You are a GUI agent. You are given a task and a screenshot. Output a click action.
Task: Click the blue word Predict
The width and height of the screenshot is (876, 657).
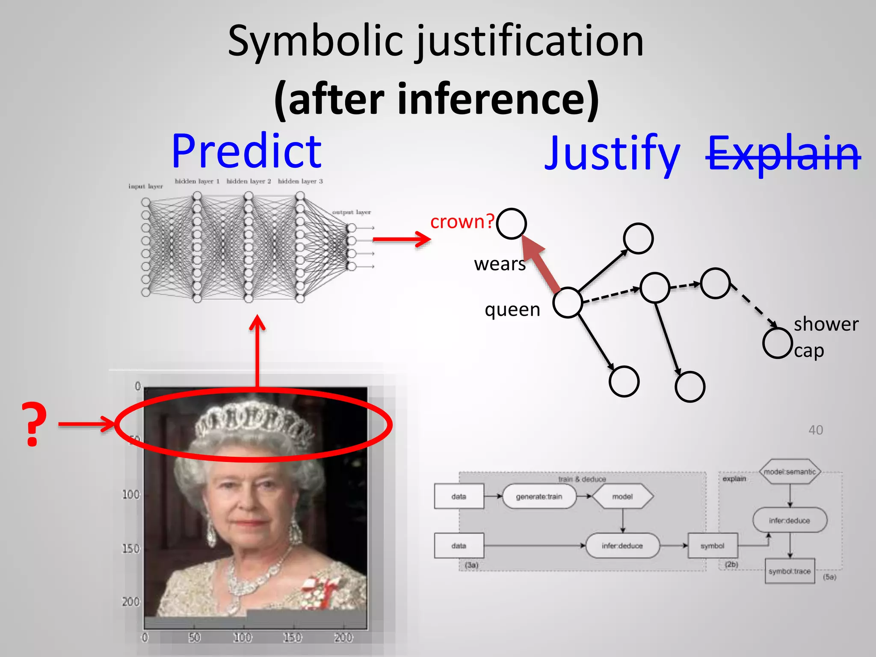point(247,152)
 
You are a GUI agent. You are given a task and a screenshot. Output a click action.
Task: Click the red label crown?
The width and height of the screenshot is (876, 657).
point(462,222)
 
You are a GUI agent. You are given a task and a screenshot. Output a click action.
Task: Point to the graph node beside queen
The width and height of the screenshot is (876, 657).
point(568,302)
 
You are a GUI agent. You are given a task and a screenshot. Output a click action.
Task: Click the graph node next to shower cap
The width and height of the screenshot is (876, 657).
point(777,343)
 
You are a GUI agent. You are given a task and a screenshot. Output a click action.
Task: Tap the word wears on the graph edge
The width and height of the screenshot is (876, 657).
point(500,264)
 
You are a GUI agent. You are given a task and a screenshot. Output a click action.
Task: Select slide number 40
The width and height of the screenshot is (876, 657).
point(815,430)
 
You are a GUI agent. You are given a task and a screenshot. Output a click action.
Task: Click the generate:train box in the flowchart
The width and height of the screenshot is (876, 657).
point(539,497)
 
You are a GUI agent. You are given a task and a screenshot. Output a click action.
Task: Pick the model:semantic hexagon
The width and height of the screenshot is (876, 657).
point(790,472)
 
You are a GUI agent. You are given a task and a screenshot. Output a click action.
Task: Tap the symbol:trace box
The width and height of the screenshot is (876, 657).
point(790,571)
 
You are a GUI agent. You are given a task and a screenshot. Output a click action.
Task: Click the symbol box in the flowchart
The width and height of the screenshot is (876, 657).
point(712,546)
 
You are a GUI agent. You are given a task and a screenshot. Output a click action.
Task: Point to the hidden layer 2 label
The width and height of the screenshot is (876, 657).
point(249,181)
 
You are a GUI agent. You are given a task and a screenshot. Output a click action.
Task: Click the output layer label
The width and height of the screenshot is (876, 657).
point(352,212)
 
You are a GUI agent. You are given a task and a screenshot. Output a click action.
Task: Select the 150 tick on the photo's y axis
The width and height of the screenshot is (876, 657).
point(131,549)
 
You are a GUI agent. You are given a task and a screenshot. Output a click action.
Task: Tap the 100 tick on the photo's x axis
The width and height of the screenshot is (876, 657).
point(242,638)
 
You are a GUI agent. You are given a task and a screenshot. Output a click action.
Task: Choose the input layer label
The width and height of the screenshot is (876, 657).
point(145,186)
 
